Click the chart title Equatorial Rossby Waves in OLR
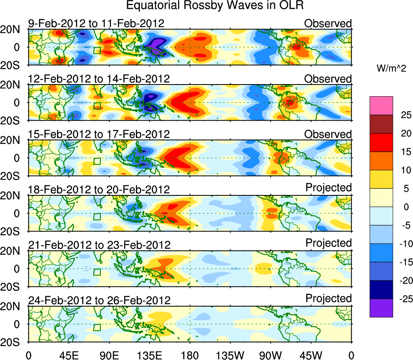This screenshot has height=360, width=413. (x=215, y=6)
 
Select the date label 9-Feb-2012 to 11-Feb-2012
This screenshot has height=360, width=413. (x=96, y=23)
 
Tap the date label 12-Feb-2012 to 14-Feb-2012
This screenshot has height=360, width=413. (x=99, y=79)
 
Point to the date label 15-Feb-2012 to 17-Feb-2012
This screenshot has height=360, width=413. (x=99, y=134)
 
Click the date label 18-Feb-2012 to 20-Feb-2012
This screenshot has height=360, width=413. (x=99, y=189)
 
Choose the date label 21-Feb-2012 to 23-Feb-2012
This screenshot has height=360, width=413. (x=99, y=245)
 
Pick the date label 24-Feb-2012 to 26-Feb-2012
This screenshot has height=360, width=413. (x=99, y=300)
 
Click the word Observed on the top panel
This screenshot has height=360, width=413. (x=328, y=23)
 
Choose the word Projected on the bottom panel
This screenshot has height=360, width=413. (x=328, y=299)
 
